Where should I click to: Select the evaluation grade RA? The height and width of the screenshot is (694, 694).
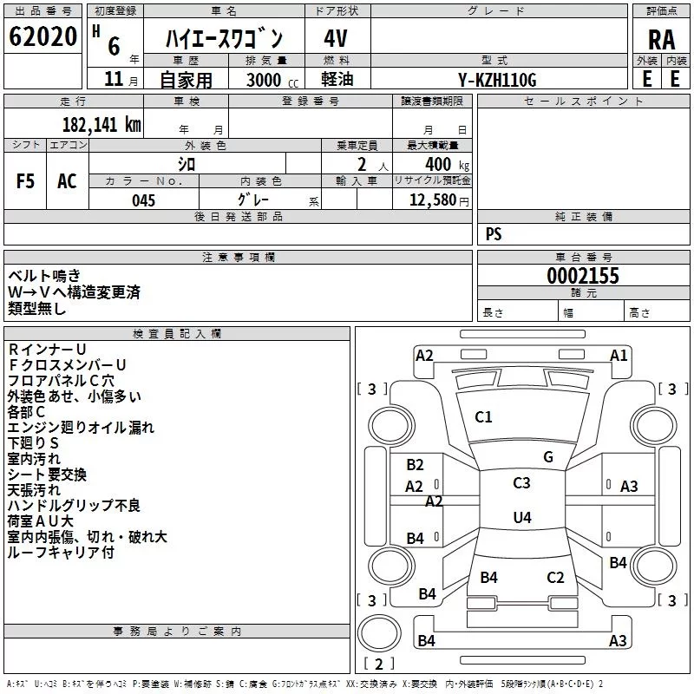661,39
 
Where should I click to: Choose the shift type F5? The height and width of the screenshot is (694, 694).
25,181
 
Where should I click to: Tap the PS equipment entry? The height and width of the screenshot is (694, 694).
494,234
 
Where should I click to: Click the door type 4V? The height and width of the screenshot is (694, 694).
336,39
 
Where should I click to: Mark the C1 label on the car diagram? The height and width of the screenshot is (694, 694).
483,417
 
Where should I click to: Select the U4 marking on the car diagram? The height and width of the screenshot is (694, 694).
521,518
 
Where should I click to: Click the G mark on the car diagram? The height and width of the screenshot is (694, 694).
547,457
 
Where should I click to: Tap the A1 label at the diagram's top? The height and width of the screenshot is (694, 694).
619,355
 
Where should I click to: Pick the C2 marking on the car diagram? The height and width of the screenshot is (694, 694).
555,578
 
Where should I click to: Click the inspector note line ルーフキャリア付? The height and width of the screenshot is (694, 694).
61,552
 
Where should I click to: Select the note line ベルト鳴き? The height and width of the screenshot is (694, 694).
44,275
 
